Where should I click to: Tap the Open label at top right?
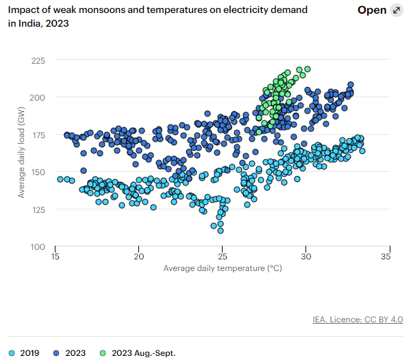click(x=372, y=10)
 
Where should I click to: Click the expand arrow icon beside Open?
click(x=396, y=10)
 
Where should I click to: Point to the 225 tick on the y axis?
click(x=38, y=61)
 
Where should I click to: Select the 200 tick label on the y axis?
click(x=38, y=97)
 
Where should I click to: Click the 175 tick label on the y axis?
click(x=38, y=135)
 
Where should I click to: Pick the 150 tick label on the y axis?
click(x=38, y=172)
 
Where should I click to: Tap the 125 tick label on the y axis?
click(x=38, y=209)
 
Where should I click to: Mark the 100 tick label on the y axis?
click(x=38, y=246)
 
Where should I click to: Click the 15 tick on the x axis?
click(x=55, y=257)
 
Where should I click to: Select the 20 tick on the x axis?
click(x=139, y=257)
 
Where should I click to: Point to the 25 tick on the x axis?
click(x=223, y=257)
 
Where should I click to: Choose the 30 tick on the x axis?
click(x=306, y=257)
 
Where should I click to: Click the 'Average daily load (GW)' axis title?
click(x=22, y=154)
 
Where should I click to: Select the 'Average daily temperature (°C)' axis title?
click(x=223, y=268)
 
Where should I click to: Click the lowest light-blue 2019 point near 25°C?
click(x=221, y=231)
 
